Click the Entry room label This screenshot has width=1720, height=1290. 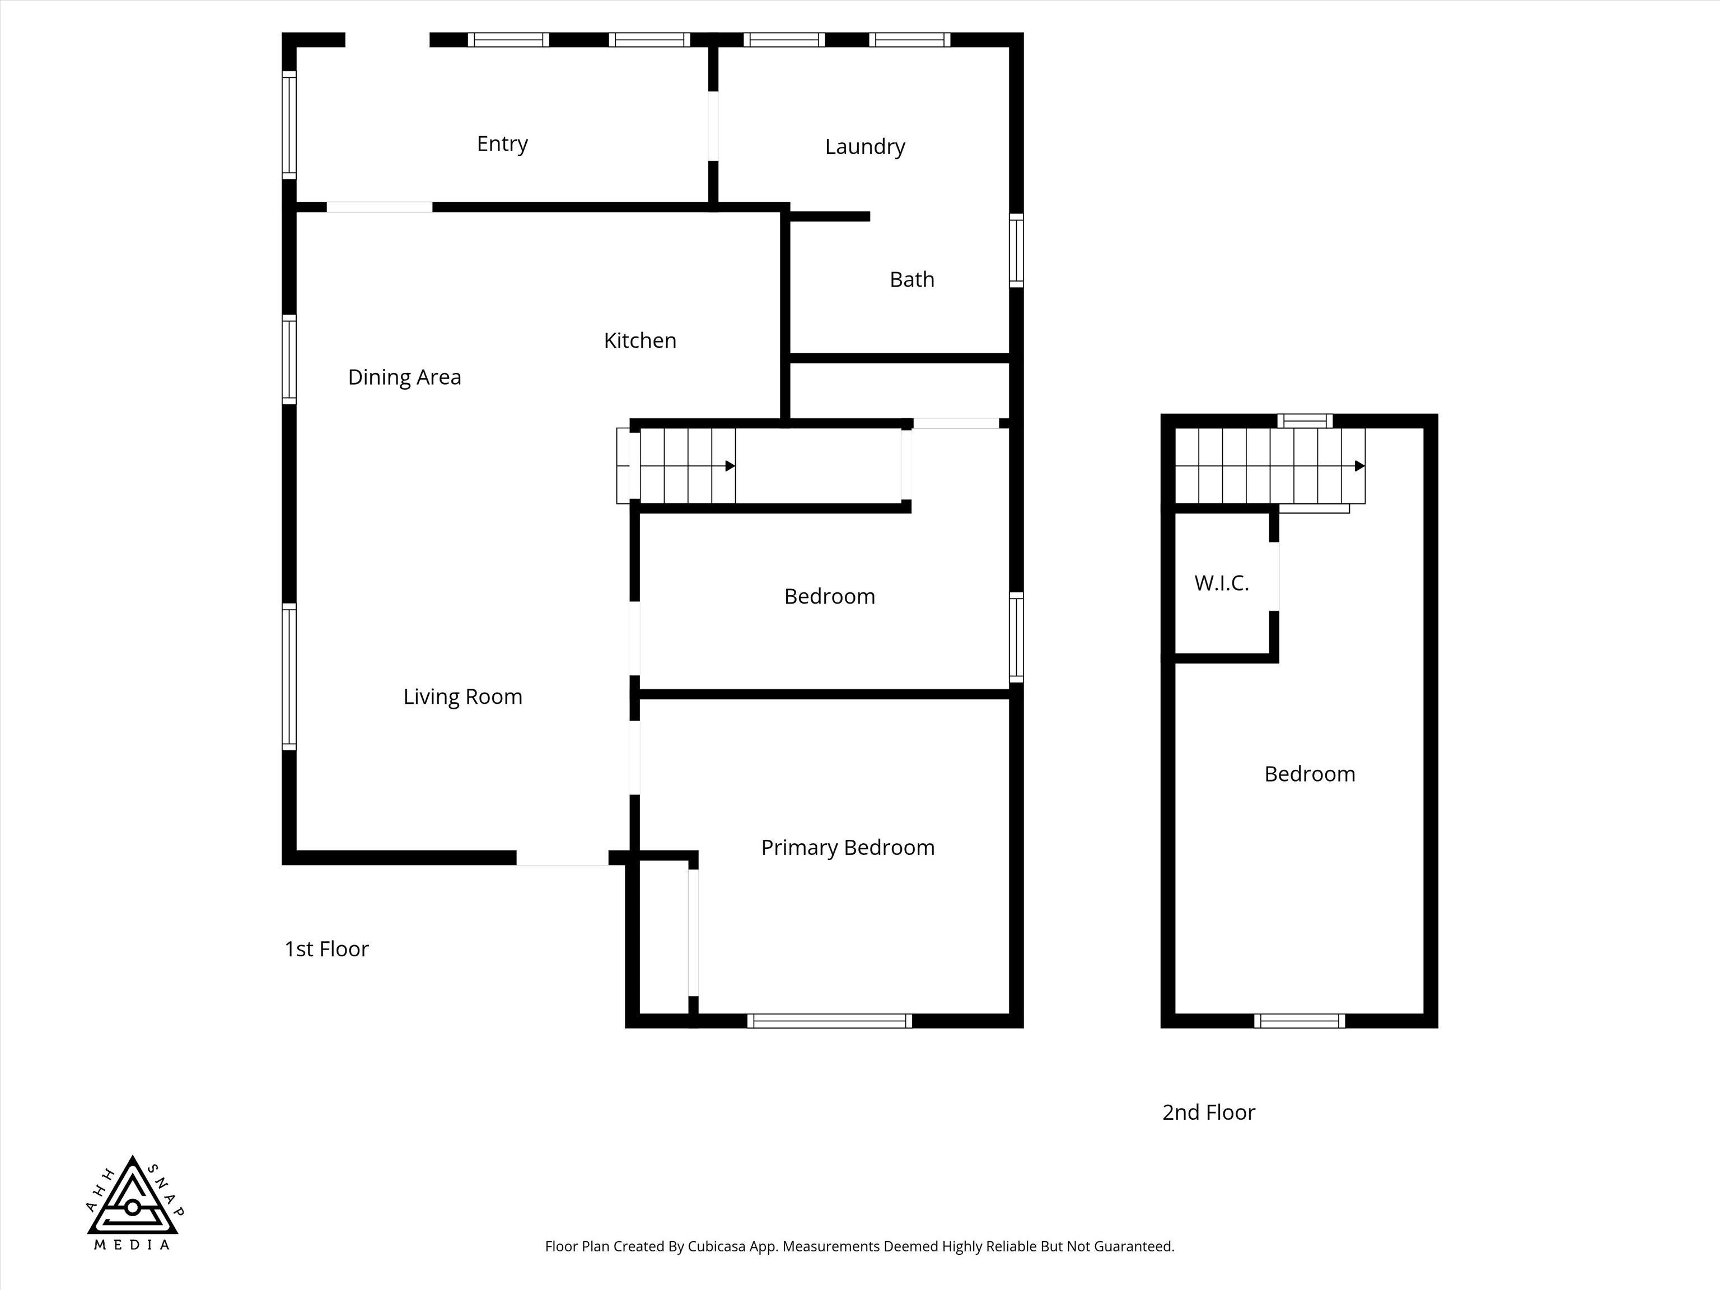pyautogui.click(x=502, y=144)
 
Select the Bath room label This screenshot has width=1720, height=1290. pyautogui.click(x=912, y=279)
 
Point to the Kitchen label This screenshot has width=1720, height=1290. pyautogui.click(x=640, y=340)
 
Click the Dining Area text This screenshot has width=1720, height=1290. pyautogui.click(x=404, y=377)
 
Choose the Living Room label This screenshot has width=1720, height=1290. pyautogui.click(x=462, y=697)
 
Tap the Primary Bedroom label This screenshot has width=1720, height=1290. pyautogui.click(x=848, y=848)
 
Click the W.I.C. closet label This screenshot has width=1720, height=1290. pyautogui.click(x=1222, y=583)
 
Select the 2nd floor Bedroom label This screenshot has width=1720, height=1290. pyautogui.click(x=1310, y=774)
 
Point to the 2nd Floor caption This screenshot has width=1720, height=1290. pyautogui.click(x=1208, y=1112)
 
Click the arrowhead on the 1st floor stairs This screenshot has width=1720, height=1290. pyautogui.click(x=730, y=466)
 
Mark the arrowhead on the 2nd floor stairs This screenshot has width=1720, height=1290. pyautogui.click(x=1359, y=466)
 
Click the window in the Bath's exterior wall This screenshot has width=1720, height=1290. pyautogui.click(x=1016, y=250)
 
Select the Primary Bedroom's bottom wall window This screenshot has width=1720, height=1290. pyautogui.click(x=830, y=1021)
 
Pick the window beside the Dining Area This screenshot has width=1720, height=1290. pyautogui.click(x=288, y=359)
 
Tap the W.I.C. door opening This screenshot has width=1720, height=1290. pyautogui.click(x=1274, y=576)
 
